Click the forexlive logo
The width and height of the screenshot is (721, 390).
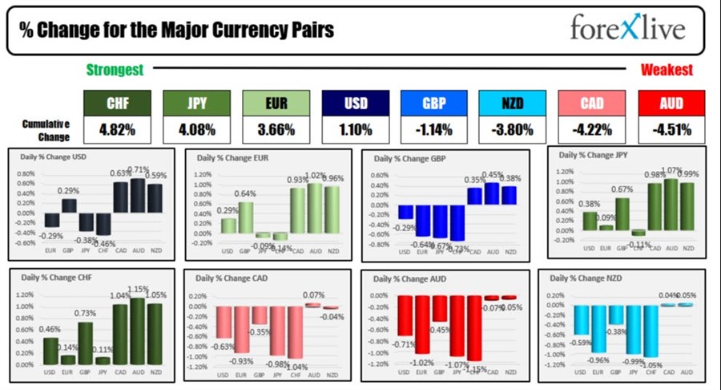point(627,29)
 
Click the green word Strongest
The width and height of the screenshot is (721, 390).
point(114,70)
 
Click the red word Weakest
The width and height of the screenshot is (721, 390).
point(666,70)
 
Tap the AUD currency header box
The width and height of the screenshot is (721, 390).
point(671,104)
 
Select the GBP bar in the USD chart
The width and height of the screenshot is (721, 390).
point(70,205)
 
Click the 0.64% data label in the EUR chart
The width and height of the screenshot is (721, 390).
point(245,193)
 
